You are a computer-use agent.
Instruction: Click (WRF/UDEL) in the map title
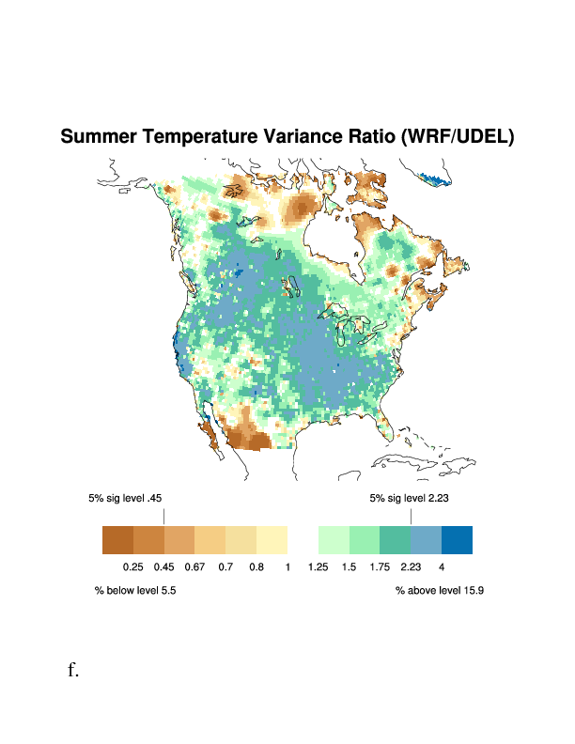click(458, 137)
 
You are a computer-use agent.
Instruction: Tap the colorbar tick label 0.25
click(133, 566)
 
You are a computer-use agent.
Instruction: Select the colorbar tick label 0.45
click(164, 566)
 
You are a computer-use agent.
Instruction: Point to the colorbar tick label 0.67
click(195, 566)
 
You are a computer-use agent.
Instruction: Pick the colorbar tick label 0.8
click(256, 566)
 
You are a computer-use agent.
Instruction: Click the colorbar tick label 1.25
click(318, 566)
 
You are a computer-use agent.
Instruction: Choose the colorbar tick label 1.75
click(380, 566)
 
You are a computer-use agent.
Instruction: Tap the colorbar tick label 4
click(441, 566)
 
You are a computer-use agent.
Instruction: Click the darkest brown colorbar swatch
click(117, 540)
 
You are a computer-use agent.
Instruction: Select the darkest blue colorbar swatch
click(457, 540)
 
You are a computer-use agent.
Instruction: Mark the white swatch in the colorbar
click(303, 540)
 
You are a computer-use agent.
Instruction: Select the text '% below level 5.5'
click(135, 591)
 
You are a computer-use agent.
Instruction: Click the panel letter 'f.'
click(72, 670)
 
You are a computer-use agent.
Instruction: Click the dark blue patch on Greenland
click(434, 178)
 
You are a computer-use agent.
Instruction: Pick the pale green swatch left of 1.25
click(334, 540)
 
